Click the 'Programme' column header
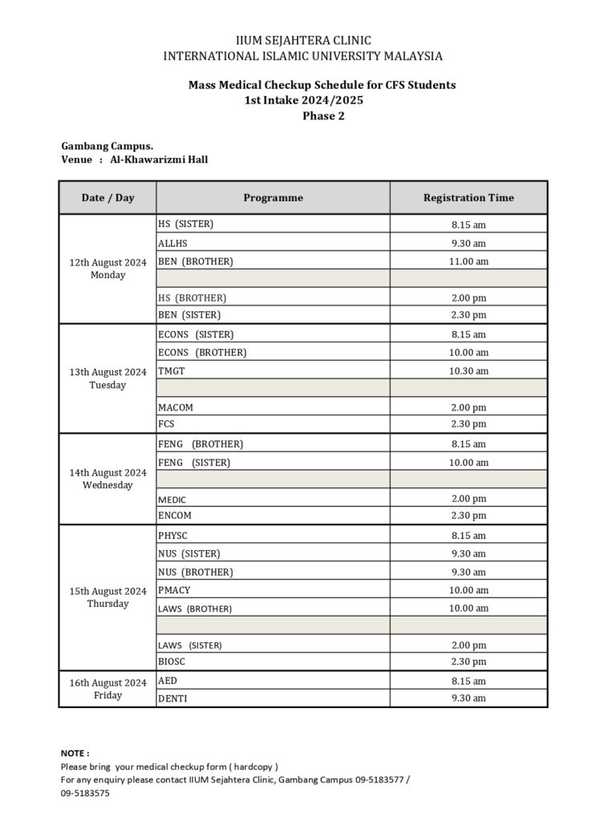pos(273,198)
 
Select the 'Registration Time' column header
pos(468,198)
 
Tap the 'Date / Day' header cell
pos(107,198)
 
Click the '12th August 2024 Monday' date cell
pos(107,269)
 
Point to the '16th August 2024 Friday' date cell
pos(107,689)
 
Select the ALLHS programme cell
pos(172,243)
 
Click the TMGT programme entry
pos(172,371)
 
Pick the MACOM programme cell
pos(175,407)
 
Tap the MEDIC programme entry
pos(172,499)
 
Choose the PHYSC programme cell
pos(172,536)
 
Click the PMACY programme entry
pos(174,590)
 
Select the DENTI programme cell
pos(172,698)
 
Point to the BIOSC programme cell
pos(172,662)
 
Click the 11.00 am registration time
pos(468,261)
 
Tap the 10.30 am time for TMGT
pos(468,371)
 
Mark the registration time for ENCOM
pos(468,516)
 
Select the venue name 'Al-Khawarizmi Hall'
pos(159,160)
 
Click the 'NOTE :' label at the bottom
pos(75,754)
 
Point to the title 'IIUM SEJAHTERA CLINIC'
pos(303,41)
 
